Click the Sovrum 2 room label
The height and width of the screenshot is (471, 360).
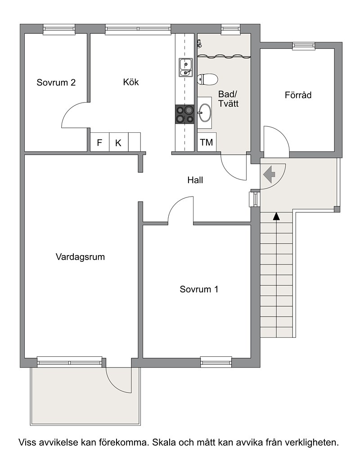pos(56,82)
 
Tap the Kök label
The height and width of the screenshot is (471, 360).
pos(130,82)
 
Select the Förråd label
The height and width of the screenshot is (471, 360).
pos(298,95)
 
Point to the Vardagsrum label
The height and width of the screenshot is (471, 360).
pos(80,257)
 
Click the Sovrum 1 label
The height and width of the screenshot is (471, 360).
pos(199,289)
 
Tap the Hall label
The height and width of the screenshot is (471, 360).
pos(195,180)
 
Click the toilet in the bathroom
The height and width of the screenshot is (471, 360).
pos(207,80)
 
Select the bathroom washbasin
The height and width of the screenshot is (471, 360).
pos(205,113)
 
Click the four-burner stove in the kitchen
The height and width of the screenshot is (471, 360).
pos(185,114)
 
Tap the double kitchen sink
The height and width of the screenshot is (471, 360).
pos(185,67)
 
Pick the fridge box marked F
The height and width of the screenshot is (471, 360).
pos(99,142)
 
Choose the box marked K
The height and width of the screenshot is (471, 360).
pos(118,142)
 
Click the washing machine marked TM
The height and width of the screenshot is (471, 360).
pos(207,142)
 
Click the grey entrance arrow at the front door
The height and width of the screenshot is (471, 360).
pos(269,174)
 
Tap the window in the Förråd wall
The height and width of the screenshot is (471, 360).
pos(303,45)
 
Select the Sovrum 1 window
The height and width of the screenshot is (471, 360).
pos(216,362)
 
